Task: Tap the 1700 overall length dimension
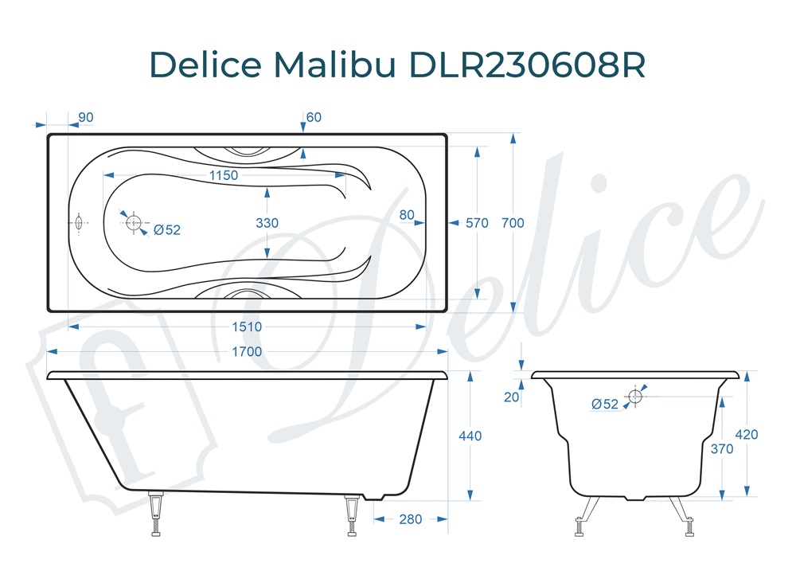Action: pyautogui.click(x=247, y=351)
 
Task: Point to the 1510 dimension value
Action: pyautogui.click(x=247, y=327)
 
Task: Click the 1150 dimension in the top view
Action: pyautogui.click(x=224, y=175)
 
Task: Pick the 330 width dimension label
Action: pyautogui.click(x=267, y=223)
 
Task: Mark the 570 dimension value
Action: pyautogui.click(x=477, y=223)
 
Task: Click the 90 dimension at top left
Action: pyautogui.click(x=85, y=117)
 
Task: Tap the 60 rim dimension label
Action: pyautogui.click(x=314, y=117)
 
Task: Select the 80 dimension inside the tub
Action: pyautogui.click(x=407, y=214)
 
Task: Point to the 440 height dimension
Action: pyautogui.click(x=471, y=436)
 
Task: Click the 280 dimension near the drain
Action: pyautogui.click(x=410, y=519)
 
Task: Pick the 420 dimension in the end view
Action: pyautogui.click(x=747, y=435)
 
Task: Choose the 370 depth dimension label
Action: pyautogui.click(x=721, y=448)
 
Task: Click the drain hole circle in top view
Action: pyautogui.click(x=134, y=222)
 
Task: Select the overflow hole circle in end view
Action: pyautogui.click(x=635, y=396)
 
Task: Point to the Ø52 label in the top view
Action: pyautogui.click(x=167, y=229)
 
